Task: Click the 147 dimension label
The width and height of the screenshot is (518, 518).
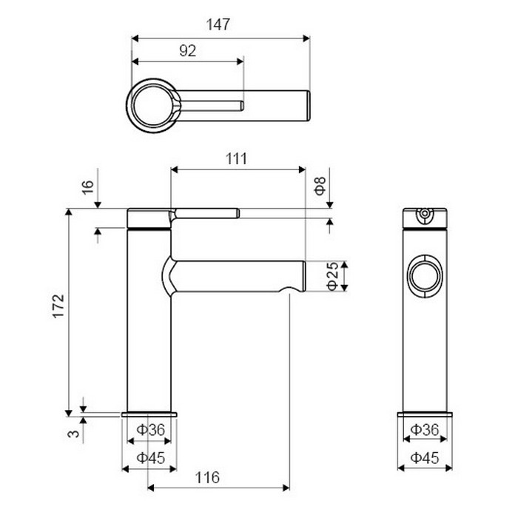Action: [218, 24]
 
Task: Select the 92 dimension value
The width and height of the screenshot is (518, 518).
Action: [187, 51]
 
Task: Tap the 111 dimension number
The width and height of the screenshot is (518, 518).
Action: [236, 159]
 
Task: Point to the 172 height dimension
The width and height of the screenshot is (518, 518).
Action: [58, 306]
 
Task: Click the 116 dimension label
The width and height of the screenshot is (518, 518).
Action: [207, 477]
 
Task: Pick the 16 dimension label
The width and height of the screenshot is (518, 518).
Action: [88, 187]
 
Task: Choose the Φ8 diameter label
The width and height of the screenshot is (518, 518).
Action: [320, 186]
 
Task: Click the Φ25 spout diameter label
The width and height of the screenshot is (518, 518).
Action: [332, 276]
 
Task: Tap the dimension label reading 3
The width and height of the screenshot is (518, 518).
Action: [73, 433]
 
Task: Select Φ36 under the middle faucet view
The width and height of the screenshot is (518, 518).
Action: [150, 430]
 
